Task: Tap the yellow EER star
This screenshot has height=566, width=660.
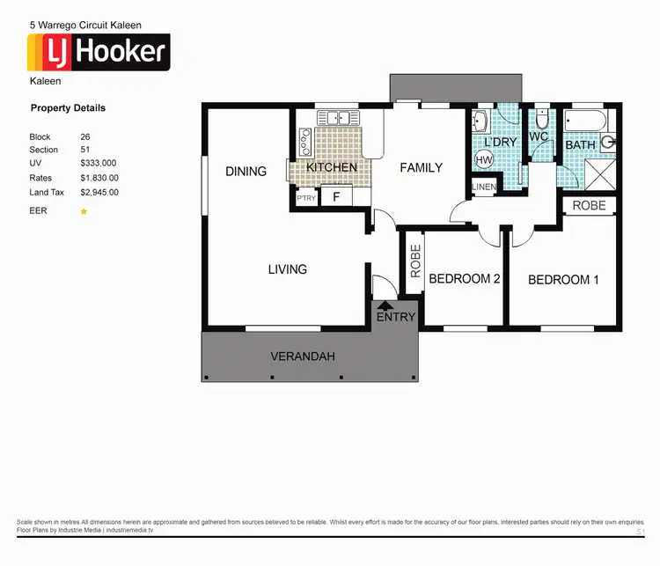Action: coord(84,211)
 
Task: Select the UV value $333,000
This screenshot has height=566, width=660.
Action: coord(99,163)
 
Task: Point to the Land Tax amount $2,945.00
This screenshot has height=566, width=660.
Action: coord(99,191)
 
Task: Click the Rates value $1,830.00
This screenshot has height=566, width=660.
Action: coord(99,177)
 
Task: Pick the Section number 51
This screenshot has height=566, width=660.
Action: coord(85,150)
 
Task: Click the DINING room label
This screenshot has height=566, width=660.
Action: coord(246,171)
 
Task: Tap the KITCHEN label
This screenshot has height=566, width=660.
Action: coord(332,167)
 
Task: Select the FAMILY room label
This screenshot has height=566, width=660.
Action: coord(421,167)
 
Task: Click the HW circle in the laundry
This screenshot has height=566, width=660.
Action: coord(483,160)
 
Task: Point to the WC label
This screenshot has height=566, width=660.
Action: coord(539,136)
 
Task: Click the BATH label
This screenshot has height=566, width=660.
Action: coord(580,144)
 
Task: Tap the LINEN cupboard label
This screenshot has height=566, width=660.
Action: coord(484,187)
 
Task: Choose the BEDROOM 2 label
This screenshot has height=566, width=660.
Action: coord(464,279)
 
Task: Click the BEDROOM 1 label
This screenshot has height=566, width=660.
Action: coord(563,279)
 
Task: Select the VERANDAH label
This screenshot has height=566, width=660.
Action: coord(302,356)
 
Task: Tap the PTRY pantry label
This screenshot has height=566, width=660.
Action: coord(306,199)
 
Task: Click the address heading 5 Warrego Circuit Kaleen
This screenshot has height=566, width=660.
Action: coord(85,26)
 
